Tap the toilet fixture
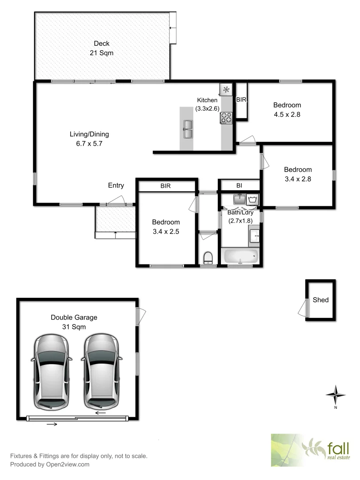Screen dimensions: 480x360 208,258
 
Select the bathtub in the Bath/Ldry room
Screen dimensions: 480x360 240,256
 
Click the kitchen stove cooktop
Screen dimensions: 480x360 227,118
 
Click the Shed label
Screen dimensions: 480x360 320,300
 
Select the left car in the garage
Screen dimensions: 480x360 51,371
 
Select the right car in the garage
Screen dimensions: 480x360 102,371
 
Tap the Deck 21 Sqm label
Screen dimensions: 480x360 101,48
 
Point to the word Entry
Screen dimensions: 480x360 116,185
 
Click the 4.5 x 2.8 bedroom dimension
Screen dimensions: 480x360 287,114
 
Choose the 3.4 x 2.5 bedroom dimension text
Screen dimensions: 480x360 166,231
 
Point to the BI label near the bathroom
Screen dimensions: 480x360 239,185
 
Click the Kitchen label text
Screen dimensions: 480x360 207,100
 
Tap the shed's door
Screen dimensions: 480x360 304,308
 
